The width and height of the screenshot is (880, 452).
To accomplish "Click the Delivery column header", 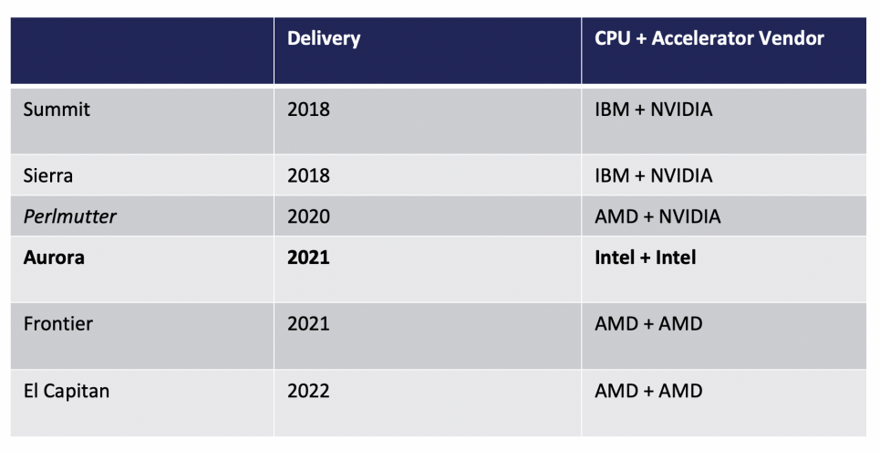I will pyautogui.click(x=324, y=38).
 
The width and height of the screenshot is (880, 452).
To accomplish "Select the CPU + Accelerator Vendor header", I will pyautogui.click(x=709, y=38).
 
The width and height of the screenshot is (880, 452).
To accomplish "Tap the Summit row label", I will pyautogui.click(x=57, y=110).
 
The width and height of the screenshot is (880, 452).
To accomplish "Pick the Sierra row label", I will pyautogui.click(x=49, y=175).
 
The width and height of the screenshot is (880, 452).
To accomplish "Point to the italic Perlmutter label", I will pyautogui.click(x=70, y=216).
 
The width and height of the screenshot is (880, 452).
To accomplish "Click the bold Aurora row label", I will pyautogui.click(x=54, y=258).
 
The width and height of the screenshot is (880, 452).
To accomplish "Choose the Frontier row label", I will pyautogui.click(x=58, y=323).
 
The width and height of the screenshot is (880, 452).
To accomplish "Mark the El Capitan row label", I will pyautogui.click(x=67, y=391).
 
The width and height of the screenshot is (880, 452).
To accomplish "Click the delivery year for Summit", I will pyautogui.click(x=308, y=110).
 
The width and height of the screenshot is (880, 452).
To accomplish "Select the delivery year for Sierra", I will pyautogui.click(x=308, y=175).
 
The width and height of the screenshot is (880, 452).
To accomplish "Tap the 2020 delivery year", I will pyautogui.click(x=308, y=216).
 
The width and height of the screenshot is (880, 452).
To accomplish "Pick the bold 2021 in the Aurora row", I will pyautogui.click(x=308, y=258).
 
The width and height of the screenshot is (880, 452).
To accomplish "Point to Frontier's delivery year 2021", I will pyautogui.click(x=308, y=323).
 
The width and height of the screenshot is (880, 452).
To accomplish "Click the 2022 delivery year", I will pyautogui.click(x=308, y=391).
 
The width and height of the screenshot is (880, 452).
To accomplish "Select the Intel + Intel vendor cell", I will pyautogui.click(x=646, y=258).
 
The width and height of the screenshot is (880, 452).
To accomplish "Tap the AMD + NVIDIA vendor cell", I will pyautogui.click(x=657, y=216).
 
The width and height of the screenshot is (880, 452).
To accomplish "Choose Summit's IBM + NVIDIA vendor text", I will pyautogui.click(x=654, y=110).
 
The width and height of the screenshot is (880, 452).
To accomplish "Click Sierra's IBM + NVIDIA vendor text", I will pyautogui.click(x=654, y=175).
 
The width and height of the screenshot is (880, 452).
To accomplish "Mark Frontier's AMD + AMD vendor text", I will pyautogui.click(x=648, y=323).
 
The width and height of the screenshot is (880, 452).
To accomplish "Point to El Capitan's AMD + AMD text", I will pyautogui.click(x=648, y=391).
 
